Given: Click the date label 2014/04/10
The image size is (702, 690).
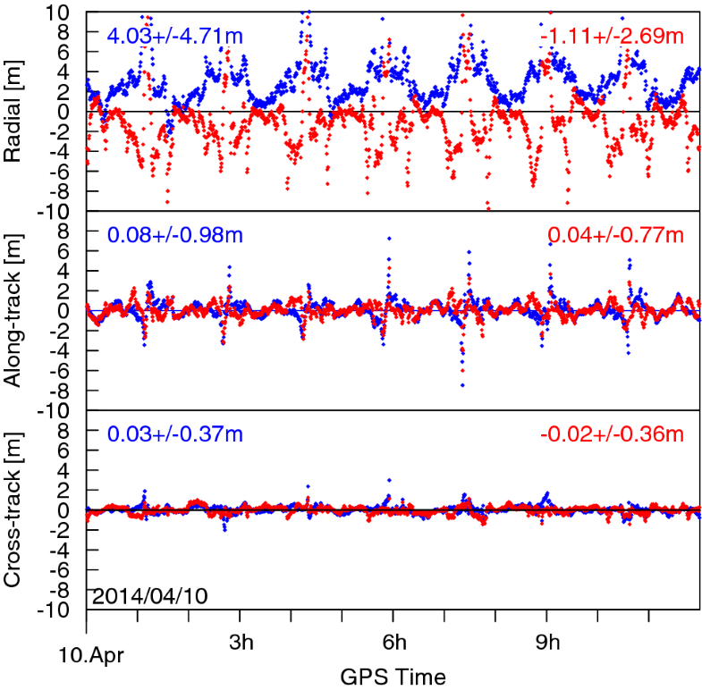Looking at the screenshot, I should pyautogui.click(x=149, y=595).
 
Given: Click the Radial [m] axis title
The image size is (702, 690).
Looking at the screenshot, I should pyautogui.click(x=14, y=112).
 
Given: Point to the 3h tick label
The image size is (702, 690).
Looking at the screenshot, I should pyautogui.click(x=241, y=643).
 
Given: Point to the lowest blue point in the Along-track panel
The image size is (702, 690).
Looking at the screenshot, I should pyautogui.click(x=462, y=385).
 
